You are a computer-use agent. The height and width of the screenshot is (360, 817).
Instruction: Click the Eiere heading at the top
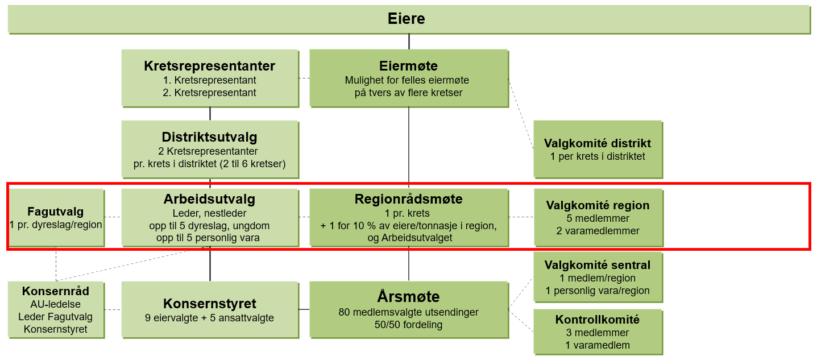[x=407, y=19]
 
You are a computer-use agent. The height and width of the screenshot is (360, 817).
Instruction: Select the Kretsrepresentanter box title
[x=209, y=66]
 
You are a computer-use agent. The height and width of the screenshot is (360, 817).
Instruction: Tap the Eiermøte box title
[x=408, y=66]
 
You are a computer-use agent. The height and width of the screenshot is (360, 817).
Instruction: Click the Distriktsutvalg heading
[x=209, y=137]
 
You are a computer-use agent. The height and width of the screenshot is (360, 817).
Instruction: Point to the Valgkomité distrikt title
[x=598, y=143]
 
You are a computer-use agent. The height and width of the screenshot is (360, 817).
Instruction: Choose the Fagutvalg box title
[x=56, y=212]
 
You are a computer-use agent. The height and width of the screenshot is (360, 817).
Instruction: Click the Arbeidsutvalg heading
[x=209, y=199]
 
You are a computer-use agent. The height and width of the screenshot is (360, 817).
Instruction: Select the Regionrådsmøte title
[x=408, y=199]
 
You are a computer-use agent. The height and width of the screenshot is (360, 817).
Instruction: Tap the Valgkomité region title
[x=598, y=205]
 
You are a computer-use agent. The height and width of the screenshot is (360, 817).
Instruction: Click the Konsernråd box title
[x=56, y=291]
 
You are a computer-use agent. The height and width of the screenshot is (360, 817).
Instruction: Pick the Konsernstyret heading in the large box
[x=210, y=304]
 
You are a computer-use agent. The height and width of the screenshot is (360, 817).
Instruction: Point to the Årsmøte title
[x=408, y=296]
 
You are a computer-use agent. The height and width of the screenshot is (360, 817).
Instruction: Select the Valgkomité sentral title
[x=598, y=265]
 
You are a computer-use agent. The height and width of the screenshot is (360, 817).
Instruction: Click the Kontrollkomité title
[x=598, y=320]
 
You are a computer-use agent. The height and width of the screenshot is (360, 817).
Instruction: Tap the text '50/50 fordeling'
[x=408, y=325]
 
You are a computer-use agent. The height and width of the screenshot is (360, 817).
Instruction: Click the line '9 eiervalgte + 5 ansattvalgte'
[x=209, y=318]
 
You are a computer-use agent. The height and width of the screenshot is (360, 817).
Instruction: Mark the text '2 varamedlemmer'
[x=598, y=231]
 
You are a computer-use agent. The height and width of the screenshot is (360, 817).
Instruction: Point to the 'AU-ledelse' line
[x=56, y=304]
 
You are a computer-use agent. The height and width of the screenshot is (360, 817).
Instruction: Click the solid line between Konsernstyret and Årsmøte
[x=304, y=309]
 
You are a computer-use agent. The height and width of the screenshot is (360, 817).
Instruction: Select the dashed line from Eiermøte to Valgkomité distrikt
[x=521, y=114]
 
